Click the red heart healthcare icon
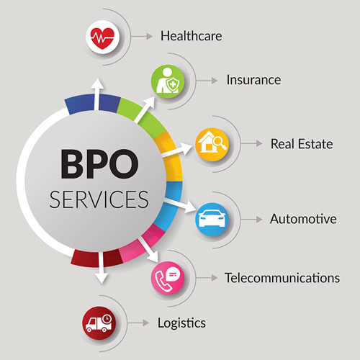click(102, 37)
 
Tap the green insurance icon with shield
click(168, 81)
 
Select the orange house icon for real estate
click(212, 144)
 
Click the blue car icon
click(212, 220)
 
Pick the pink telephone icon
click(168, 278)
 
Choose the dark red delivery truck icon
click(99, 323)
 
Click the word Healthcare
click(192, 36)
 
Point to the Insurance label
click(253, 80)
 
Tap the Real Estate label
click(302, 144)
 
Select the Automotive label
click(303, 219)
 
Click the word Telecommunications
click(282, 278)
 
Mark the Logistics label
click(181, 323)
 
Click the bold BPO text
click(99, 164)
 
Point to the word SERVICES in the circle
click(99, 199)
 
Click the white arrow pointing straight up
click(97, 94)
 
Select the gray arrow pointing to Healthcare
click(142, 37)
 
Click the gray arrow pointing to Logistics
click(138, 323)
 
